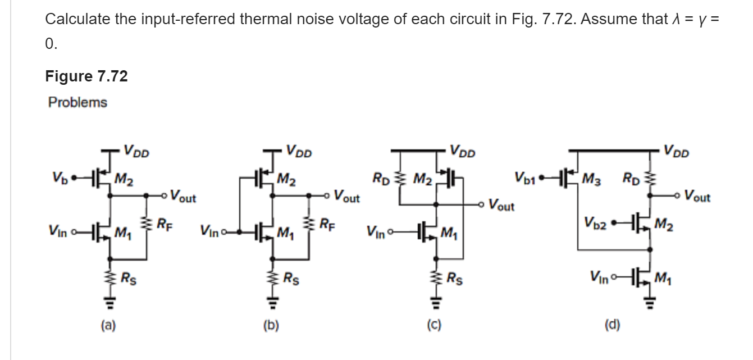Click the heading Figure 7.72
[86, 76]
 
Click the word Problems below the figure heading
[77, 103]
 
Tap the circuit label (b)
[272, 324]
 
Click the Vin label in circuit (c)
[376, 231]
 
